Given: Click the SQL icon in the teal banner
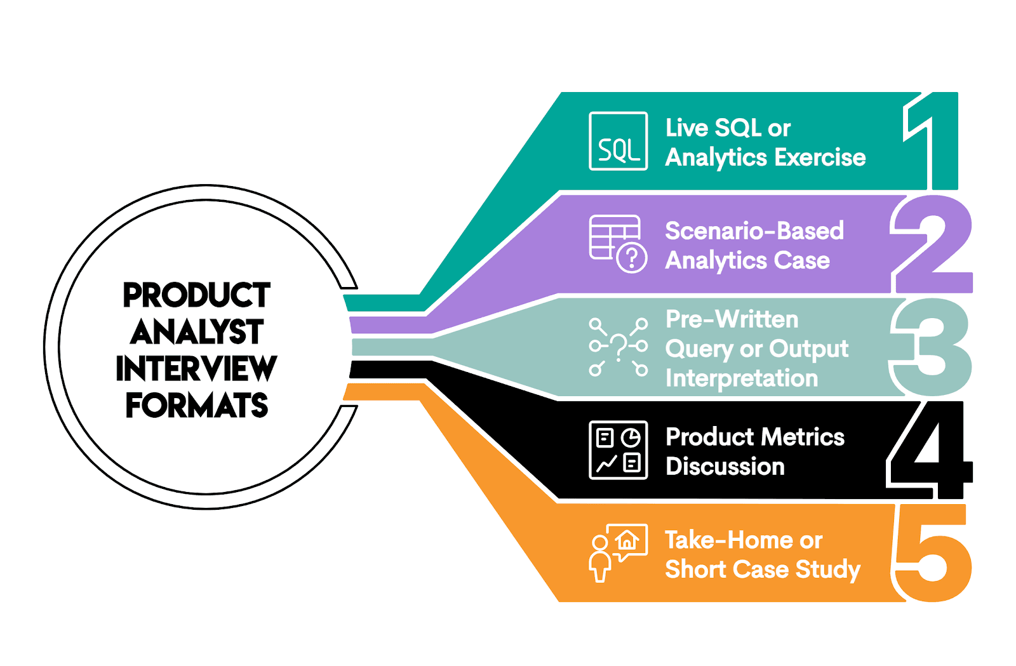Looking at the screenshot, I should coord(618,141).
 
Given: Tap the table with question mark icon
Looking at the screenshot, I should coord(618,244).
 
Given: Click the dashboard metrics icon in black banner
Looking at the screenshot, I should coord(618,450).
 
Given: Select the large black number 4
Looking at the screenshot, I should coord(931,450).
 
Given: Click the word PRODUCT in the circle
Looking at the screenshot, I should coord(197,295).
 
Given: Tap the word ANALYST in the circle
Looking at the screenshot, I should coord(197,332).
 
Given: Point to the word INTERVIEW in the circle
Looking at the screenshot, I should coord(196,369).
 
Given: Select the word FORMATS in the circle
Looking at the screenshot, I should coord(197,406).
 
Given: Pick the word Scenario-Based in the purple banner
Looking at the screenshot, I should coord(754,231).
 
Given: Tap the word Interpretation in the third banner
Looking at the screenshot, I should coord(742,378).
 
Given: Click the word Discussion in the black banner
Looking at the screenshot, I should coord(725,467).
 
